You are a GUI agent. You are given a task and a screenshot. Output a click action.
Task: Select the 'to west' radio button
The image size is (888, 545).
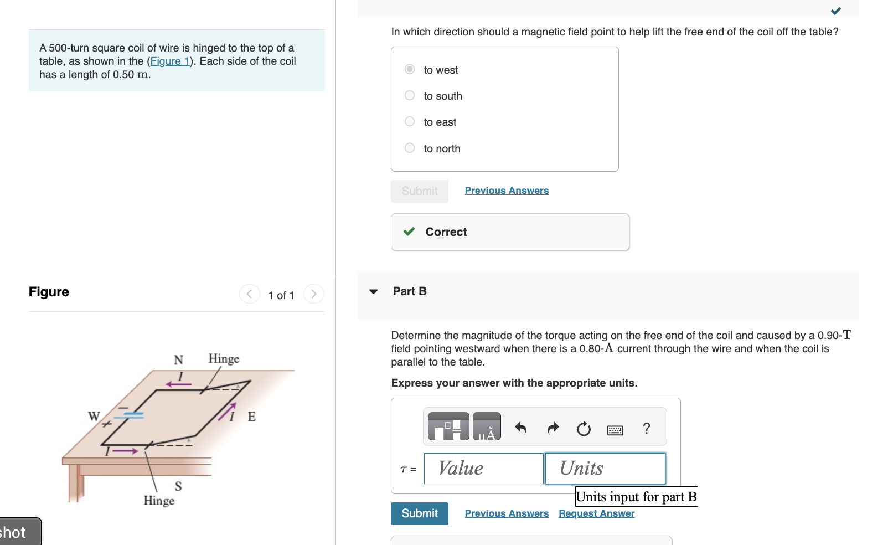point(410,69)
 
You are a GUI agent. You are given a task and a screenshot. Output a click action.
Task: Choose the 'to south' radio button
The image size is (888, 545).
point(410,95)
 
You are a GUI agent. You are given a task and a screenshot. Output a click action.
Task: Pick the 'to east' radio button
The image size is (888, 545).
point(410,121)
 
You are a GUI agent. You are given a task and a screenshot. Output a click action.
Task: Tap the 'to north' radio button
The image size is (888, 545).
point(410,148)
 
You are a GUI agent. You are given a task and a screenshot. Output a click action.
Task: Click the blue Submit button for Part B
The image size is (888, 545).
point(419,513)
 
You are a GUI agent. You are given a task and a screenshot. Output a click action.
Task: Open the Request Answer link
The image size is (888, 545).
point(596,513)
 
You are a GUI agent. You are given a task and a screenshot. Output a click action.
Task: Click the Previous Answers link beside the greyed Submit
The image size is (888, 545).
point(507,191)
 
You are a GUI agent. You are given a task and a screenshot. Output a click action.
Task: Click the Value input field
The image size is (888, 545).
point(483,469)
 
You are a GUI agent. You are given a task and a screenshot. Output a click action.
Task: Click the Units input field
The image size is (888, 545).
point(606,469)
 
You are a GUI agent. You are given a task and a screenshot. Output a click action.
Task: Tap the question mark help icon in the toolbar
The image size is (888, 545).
point(646,428)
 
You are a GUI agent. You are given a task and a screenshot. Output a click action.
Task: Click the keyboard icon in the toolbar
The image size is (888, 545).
point(615,430)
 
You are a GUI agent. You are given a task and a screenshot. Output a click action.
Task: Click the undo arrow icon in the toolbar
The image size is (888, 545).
point(520,428)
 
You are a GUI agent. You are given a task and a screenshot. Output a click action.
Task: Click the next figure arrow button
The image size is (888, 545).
point(314,294)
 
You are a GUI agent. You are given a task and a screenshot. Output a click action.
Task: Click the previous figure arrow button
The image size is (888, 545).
point(250,294)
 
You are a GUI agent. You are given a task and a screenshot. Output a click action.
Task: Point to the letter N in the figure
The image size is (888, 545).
point(178,360)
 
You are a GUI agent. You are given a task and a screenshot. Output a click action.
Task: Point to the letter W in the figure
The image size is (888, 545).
point(94,416)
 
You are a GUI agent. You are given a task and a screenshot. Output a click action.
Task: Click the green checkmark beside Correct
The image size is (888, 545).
point(409,232)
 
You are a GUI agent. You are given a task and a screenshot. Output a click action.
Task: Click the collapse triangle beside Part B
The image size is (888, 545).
point(374,291)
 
